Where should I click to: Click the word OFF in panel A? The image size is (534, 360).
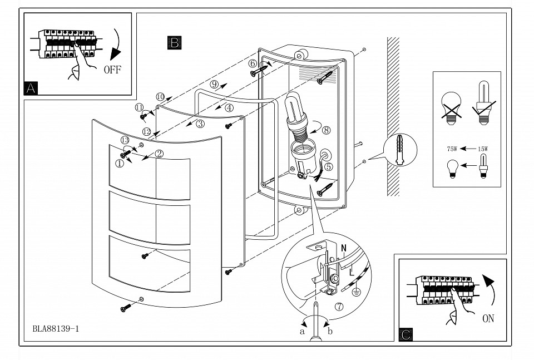pos(112,70)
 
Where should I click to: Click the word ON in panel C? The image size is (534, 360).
pos(488,319)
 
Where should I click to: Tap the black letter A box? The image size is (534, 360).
pos(31,87)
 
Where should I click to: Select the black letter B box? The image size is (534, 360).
pos(174,43)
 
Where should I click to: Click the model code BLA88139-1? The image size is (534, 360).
pos(56,328)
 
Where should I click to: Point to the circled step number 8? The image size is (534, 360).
pos(326,131)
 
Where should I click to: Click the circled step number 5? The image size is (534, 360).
pos(328,166)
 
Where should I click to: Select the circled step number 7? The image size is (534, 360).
pos(339,306)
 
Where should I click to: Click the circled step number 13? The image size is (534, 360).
pos(125,140)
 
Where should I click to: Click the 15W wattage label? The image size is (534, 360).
pos(482,149)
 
